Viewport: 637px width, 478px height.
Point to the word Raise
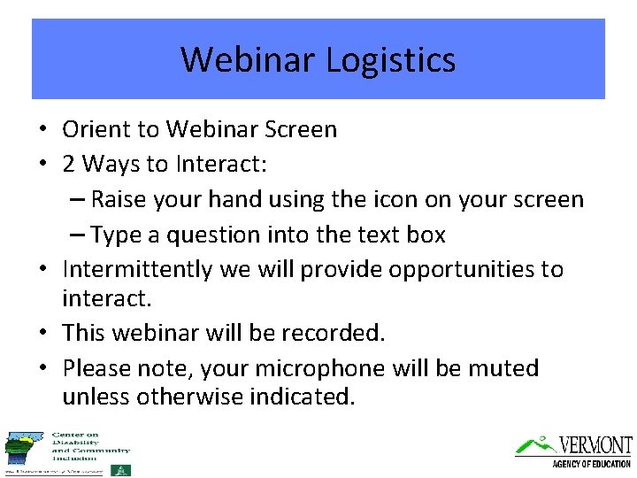(x=120, y=199)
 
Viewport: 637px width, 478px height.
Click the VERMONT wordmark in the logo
(x=595, y=444)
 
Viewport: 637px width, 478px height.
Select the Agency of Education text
(x=591, y=463)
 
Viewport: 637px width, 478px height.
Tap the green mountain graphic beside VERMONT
(x=533, y=444)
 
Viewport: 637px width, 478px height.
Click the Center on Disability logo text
(x=90, y=445)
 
